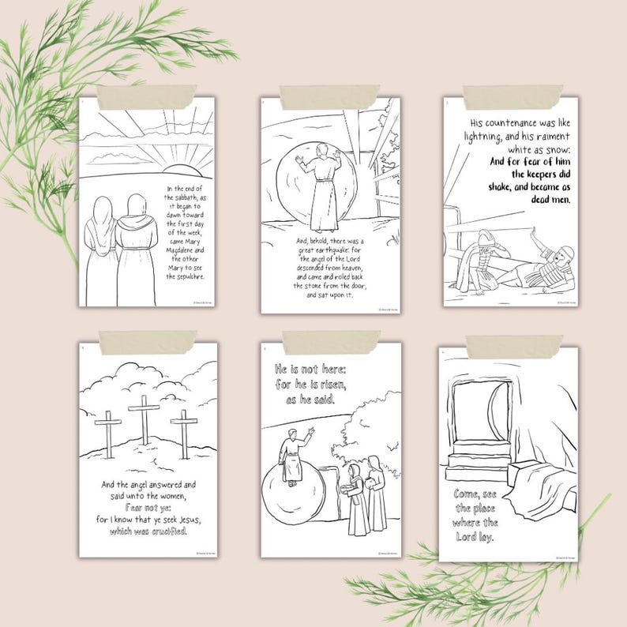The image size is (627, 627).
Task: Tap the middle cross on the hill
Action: [143, 418]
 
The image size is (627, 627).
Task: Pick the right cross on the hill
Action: [182, 433]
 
